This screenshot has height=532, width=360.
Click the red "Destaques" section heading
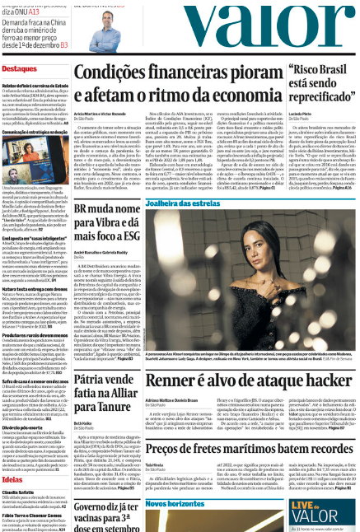click(21, 68)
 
